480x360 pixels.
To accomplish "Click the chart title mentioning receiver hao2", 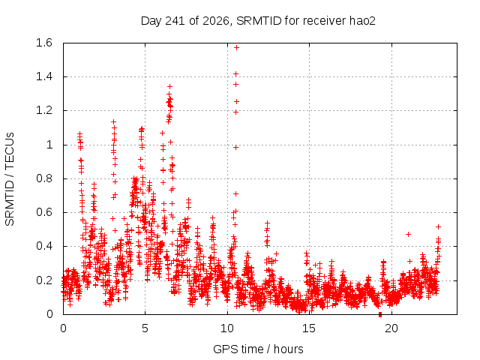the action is [x=258, y=21].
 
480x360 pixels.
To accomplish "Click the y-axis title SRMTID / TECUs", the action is [x=10, y=179].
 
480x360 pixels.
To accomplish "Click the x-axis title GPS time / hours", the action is [x=258, y=349].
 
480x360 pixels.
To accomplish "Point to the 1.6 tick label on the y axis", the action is [x=44, y=43].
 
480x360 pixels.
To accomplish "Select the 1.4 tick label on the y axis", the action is [x=44, y=76].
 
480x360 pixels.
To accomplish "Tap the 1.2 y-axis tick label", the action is [x=44, y=110].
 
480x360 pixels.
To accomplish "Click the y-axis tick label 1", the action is [x=49, y=145].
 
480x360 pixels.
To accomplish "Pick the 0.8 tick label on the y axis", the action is [x=44, y=178].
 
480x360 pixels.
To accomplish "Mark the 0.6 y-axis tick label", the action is [x=44, y=212].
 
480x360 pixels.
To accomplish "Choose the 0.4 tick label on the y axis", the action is [x=44, y=246].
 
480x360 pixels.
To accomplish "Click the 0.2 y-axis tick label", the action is [x=44, y=280].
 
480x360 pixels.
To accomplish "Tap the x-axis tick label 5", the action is [x=145, y=328].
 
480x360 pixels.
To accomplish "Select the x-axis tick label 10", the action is [x=227, y=328].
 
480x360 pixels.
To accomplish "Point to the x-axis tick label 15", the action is [x=309, y=328].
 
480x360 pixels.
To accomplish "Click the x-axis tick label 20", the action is [x=391, y=328].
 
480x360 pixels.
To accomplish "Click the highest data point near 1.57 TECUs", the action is [x=236, y=48].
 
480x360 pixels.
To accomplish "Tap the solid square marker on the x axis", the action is [x=380, y=314].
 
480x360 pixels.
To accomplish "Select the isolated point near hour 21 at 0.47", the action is [x=408, y=235].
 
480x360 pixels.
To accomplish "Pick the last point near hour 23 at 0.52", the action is [x=438, y=226].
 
